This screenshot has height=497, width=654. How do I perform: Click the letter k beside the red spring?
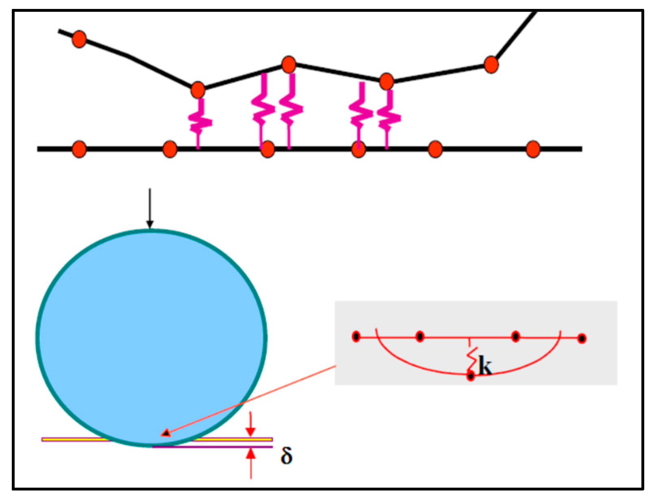(x=485, y=365)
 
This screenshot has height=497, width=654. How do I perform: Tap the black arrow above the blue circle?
(x=150, y=208)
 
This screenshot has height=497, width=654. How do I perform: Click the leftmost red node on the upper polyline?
(x=79, y=39)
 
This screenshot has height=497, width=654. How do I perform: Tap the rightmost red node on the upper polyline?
(x=491, y=64)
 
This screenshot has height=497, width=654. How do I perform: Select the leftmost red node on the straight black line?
(x=79, y=149)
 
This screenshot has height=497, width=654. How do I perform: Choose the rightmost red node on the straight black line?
(x=532, y=149)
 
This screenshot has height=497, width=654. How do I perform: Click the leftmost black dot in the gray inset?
(x=356, y=337)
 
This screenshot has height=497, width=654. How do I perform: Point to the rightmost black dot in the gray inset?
(x=582, y=338)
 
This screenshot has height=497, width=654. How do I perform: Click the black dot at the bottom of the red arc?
(x=471, y=376)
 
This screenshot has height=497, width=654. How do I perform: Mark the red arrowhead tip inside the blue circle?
(x=165, y=434)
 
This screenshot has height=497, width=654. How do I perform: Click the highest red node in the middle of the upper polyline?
(x=289, y=64)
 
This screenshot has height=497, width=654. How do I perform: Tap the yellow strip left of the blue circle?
(x=73, y=439)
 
